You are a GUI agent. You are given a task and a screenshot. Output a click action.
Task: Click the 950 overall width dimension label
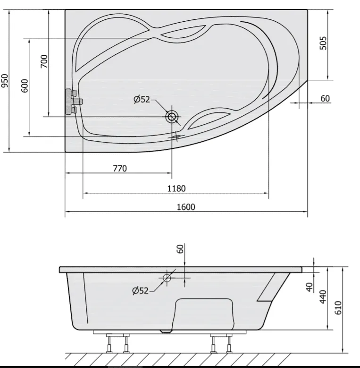click(x=5, y=80)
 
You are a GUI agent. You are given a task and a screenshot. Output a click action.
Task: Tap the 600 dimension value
click(x=25, y=86)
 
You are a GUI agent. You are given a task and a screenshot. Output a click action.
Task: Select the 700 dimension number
click(x=44, y=61)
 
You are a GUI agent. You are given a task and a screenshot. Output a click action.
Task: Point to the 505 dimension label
click(x=323, y=43)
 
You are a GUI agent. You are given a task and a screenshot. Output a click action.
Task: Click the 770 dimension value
click(x=120, y=168)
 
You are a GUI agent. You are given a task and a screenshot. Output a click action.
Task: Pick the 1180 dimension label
click(x=176, y=188)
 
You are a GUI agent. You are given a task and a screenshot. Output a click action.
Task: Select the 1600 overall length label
click(x=186, y=207)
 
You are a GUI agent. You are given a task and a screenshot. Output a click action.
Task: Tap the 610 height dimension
click(x=338, y=308)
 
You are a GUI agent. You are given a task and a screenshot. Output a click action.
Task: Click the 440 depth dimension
click(x=323, y=297)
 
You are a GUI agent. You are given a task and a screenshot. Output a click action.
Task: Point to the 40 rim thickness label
click(x=310, y=287)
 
